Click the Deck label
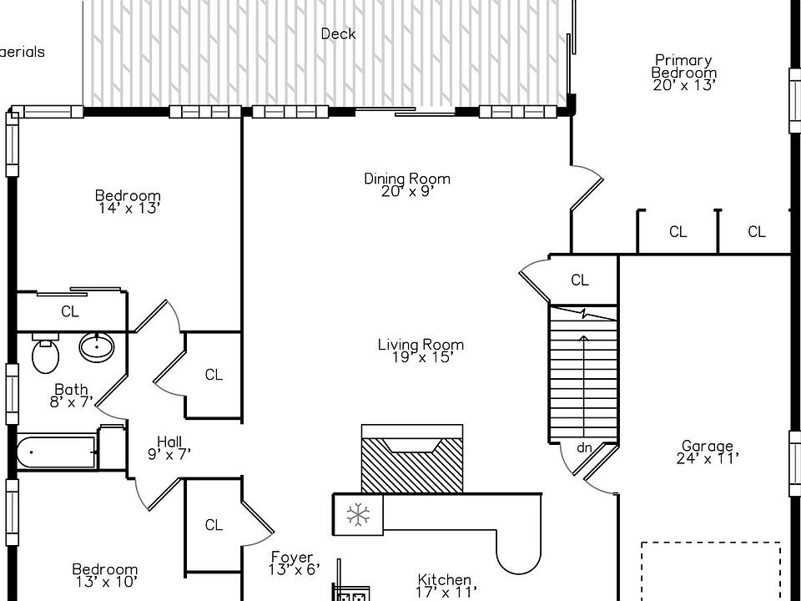(338, 34)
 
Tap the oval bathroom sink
(98, 346)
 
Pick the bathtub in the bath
(55, 453)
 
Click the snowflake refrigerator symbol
(358, 515)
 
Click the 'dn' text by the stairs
(584, 448)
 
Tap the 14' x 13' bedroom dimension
(128, 208)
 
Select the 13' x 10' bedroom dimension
(104, 581)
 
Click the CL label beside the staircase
(580, 280)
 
